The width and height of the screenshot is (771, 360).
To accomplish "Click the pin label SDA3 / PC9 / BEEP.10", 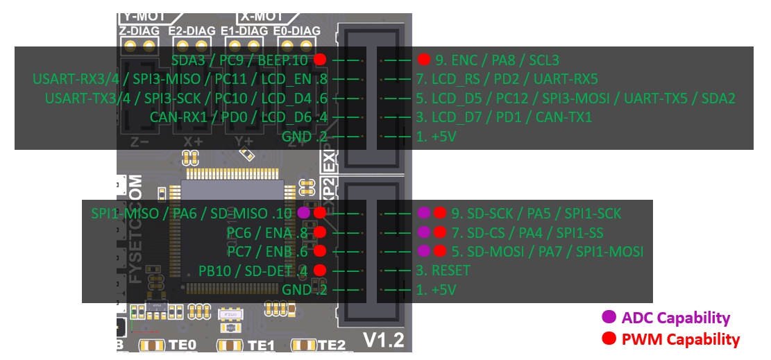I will click(x=239, y=60).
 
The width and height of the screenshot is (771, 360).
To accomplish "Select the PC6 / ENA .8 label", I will click(x=266, y=232).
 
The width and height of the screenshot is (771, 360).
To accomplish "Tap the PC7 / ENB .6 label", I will click(x=266, y=250).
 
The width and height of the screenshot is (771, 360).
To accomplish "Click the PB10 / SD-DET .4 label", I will click(x=253, y=270).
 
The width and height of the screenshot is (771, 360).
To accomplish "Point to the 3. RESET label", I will click(x=443, y=270).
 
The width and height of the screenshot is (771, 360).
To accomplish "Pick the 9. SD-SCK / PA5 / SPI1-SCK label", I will click(x=536, y=213).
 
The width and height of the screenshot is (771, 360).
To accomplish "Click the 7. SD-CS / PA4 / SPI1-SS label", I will click(x=527, y=232).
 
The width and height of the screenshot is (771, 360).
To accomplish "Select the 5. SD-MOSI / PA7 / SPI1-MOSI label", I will click(x=547, y=250).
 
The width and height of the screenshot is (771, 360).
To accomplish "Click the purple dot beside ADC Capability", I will click(x=609, y=318).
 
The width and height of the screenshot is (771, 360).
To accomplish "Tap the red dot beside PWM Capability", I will click(x=609, y=339).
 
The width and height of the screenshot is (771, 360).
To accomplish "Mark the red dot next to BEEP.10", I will click(x=319, y=60).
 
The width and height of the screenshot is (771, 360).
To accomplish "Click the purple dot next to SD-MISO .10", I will click(x=303, y=213).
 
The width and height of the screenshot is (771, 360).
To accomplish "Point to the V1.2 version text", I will click(x=383, y=340).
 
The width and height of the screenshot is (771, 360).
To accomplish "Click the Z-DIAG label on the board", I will click(x=139, y=31).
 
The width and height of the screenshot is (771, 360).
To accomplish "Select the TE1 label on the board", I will click(x=261, y=345).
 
